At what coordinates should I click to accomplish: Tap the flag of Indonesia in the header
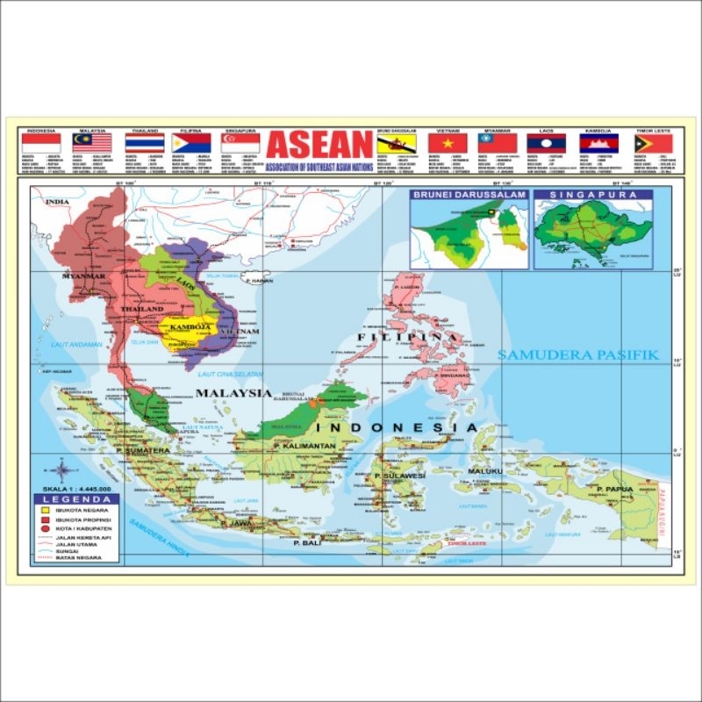[x=40, y=143]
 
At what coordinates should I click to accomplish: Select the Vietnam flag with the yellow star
[x=447, y=143]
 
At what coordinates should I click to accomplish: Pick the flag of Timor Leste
[x=653, y=143]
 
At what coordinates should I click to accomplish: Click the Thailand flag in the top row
[x=144, y=143]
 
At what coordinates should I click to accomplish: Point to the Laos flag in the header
[x=546, y=143]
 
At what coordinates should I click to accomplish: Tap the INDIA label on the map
[x=58, y=202]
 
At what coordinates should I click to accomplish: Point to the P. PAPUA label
[x=614, y=488]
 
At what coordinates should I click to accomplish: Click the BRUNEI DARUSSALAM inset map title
[x=469, y=194]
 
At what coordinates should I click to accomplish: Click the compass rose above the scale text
[x=66, y=469]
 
